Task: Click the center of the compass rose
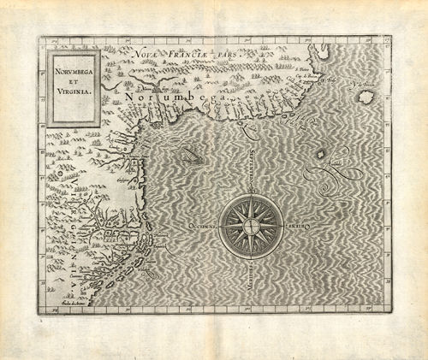(249, 227)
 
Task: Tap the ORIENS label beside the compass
(296, 227)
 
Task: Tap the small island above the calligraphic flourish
(321, 155)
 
